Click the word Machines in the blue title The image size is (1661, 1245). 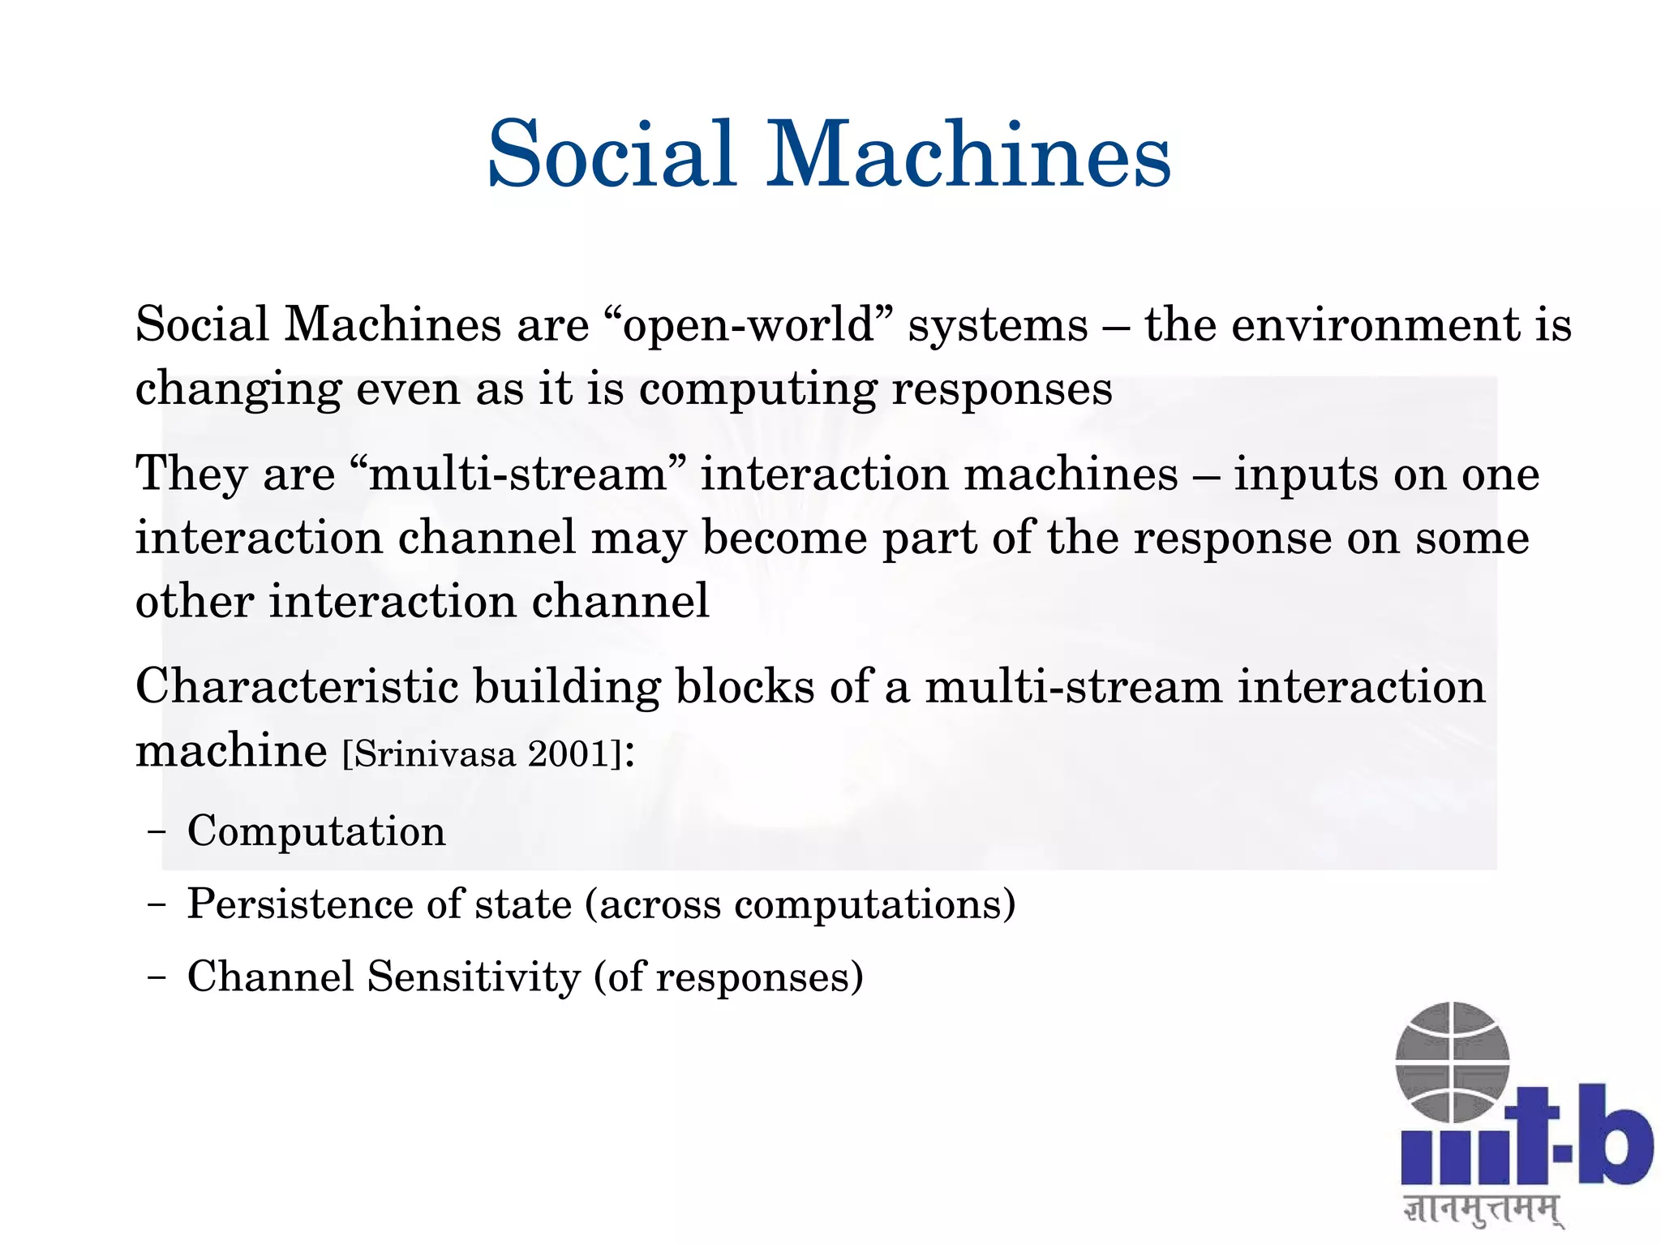(969, 154)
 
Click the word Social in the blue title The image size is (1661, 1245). (612, 154)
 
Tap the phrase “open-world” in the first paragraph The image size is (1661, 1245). (749, 325)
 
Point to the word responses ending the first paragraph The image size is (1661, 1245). (1002, 389)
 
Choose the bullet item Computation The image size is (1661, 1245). (316, 831)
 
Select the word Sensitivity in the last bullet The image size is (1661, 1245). (474, 977)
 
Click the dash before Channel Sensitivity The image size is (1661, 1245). (157, 977)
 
